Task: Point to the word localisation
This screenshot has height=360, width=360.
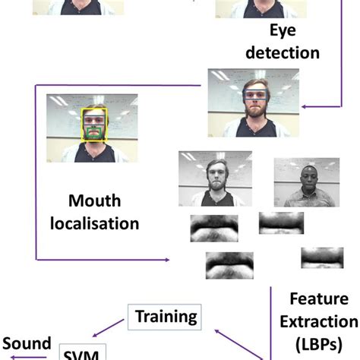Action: [103, 223]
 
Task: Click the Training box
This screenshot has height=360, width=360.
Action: [165, 315]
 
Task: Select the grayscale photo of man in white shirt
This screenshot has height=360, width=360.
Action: [306, 182]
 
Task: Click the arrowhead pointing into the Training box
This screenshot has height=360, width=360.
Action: [216, 330]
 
